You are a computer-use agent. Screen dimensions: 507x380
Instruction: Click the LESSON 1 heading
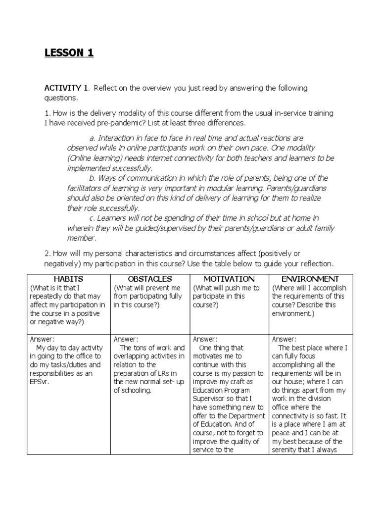[x=69, y=53]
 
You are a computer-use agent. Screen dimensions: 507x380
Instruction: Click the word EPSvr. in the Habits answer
[x=42, y=382]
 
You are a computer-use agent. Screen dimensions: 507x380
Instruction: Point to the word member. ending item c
[x=82, y=238]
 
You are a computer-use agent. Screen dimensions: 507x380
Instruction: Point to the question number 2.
[x=47, y=253]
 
